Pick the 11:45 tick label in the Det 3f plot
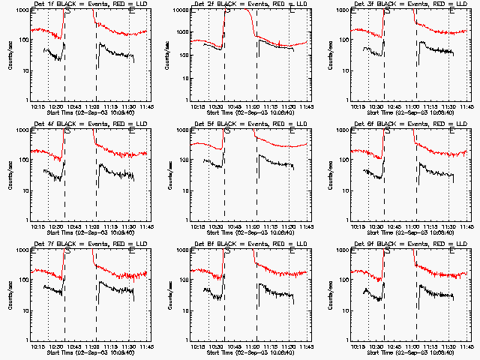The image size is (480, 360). [466, 106]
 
